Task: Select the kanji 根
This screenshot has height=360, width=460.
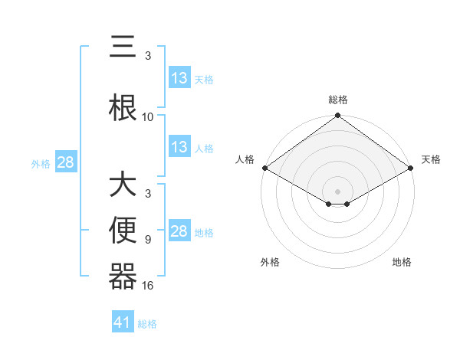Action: pos(123,105)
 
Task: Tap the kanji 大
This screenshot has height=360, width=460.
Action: pos(123,186)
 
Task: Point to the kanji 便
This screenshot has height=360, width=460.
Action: pos(123,229)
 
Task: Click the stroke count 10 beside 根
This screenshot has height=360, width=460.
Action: pos(148,116)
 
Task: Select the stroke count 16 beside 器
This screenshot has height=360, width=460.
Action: pos(148,285)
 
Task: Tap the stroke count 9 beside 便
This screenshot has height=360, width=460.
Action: pos(148,239)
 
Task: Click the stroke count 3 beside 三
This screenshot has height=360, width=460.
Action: pos(148,55)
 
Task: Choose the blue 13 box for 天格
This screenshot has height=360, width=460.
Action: pos(179,78)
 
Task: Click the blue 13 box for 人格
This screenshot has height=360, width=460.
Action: pos(179,147)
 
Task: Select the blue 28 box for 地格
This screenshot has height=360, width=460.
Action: pos(179,231)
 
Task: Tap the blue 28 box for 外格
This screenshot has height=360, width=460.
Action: pos(65,162)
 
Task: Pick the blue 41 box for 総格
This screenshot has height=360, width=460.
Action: pos(123,322)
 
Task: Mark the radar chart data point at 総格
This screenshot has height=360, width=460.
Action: pos(337,116)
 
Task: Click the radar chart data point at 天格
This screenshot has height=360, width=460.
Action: pos(411,168)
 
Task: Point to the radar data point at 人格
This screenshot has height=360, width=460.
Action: pos(264,168)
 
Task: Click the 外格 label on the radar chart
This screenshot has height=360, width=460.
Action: pos(270,263)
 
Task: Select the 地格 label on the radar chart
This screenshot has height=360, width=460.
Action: pos(402,263)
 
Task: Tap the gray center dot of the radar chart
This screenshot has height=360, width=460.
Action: pos(337,191)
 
